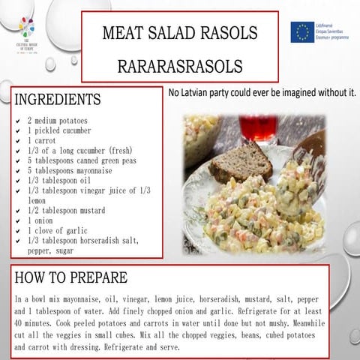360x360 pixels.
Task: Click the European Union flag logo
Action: click(x=302, y=31)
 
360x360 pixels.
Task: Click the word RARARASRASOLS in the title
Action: click(x=180, y=66)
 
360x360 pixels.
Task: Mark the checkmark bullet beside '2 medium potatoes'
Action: click(x=17, y=120)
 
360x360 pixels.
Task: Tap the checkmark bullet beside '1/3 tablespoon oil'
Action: click(x=17, y=181)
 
